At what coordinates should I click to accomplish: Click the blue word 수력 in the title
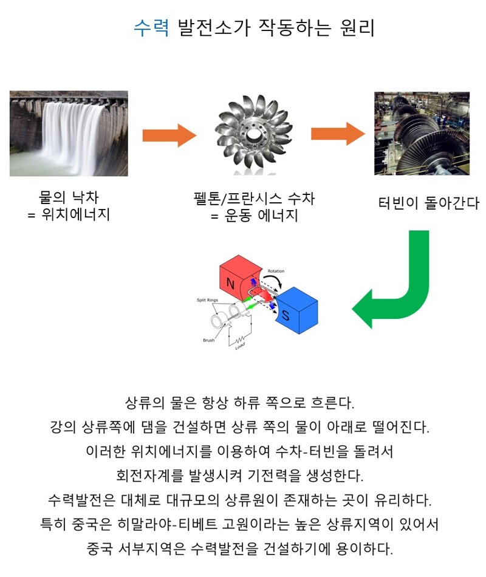pyautogui.click(x=151, y=27)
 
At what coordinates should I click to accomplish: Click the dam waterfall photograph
pyautogui.click(x=69, y=133)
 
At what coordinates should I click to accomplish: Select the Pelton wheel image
pyautogui.click(x=254, y=134)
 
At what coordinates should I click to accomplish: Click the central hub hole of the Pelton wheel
pyautogui.click(x=253, y=135)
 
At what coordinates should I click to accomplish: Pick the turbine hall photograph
pyautogui.click(x=422, y=133)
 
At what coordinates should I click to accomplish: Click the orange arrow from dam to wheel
pyautogui.click(x=169, y=135)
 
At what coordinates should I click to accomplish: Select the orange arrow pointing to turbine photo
pyautogui.click(x=338, y=134)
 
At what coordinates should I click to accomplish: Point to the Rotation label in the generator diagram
pyautogui.click(x=276, y=271)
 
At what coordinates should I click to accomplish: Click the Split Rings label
pyautogui.click(x=207, y=300)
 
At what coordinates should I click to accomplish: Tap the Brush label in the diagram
pyautogui.click(x=209, y=340)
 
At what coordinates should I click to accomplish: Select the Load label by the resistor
pyautogui.click(x=240, y=346)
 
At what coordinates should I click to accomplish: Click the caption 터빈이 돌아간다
pyautogui.click(x=429, y=203)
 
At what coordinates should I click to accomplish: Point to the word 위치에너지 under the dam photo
pyautogui.click(x=76, y=214)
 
